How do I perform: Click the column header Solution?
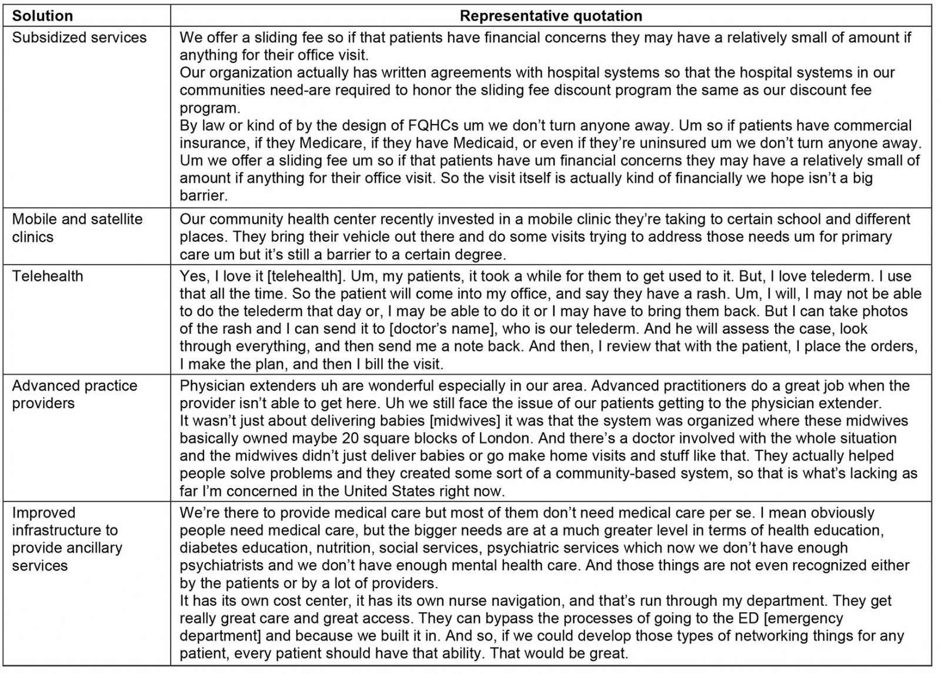[x=42, y=16]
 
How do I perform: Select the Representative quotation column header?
[x=550, y=16]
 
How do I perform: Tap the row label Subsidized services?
[x=79, y=38]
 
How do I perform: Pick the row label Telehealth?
[x=48, y=276]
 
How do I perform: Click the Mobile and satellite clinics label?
[x=77, y=228]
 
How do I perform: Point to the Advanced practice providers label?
[x=75, y=395]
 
